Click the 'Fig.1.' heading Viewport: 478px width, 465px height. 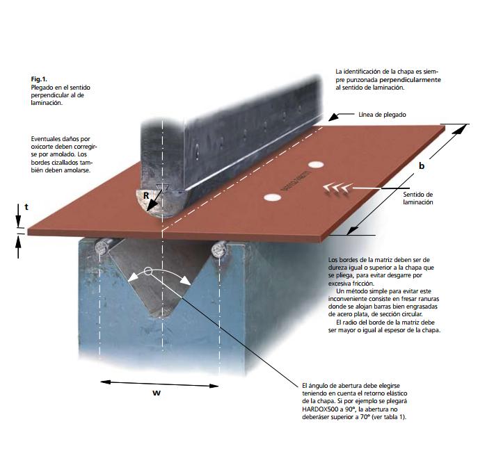(x=39, y=79)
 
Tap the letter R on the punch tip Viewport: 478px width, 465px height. (x=146, y=195)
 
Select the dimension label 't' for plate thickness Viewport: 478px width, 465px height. (x=26, y=206)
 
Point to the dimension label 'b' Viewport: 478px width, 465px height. (x=422, y=165)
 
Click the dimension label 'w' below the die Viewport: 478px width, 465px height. (x=157, y=393)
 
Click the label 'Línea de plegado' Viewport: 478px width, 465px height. (x=382, y=115)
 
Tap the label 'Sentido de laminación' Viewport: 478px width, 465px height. (x=418, y=198)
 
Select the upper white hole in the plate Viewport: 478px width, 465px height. (x=315, y=165)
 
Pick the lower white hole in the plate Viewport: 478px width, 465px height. (x=272, y=197)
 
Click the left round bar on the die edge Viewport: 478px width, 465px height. (x=102, y=247)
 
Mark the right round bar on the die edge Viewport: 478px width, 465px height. (x=219, y=249)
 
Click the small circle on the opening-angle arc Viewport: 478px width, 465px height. (x=148, y=271)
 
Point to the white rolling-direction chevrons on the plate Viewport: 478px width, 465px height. (x=337, y=188)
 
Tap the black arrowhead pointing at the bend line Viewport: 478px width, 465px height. (x=334, y=117)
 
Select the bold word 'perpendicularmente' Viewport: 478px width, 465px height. (x=410, y=80)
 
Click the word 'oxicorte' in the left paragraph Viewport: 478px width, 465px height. (x=42, y=147)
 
